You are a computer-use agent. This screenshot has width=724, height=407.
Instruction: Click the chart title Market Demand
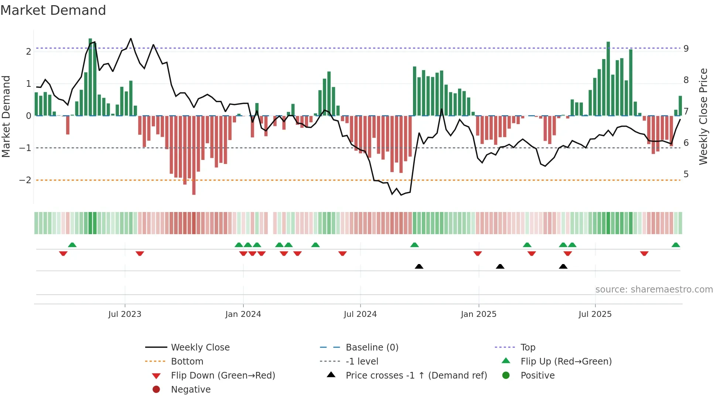pos(53,10)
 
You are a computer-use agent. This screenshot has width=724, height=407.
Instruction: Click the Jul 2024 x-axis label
pos(360,314)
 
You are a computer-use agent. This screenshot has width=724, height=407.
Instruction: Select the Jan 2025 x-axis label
pos(478,314)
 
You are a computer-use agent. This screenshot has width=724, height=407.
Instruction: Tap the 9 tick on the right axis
pos(686,48)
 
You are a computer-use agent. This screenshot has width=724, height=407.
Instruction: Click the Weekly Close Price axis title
pos(703,116)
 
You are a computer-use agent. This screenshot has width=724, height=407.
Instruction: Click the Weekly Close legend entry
pos(200,348)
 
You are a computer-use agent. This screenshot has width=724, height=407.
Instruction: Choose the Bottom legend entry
pos(187,362)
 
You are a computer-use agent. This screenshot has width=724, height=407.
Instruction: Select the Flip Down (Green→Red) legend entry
pos(223,376)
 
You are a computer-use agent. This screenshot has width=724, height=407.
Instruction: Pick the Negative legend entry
pos(191,390)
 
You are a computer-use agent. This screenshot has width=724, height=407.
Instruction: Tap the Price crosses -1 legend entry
pos(416,376)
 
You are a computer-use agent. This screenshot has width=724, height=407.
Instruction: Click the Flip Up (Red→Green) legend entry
pos(566,362)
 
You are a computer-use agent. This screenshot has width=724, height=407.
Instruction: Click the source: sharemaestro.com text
pos(654,290)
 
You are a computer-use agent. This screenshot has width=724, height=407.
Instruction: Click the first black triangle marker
pos(419,266)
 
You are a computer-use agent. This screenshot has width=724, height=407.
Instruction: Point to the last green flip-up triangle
pos(676,245)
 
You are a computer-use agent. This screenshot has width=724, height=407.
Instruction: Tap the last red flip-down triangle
pos(644,253)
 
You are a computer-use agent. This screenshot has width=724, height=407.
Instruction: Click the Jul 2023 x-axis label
pos(125,314)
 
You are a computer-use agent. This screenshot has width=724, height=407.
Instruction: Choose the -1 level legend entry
pos(362,362)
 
